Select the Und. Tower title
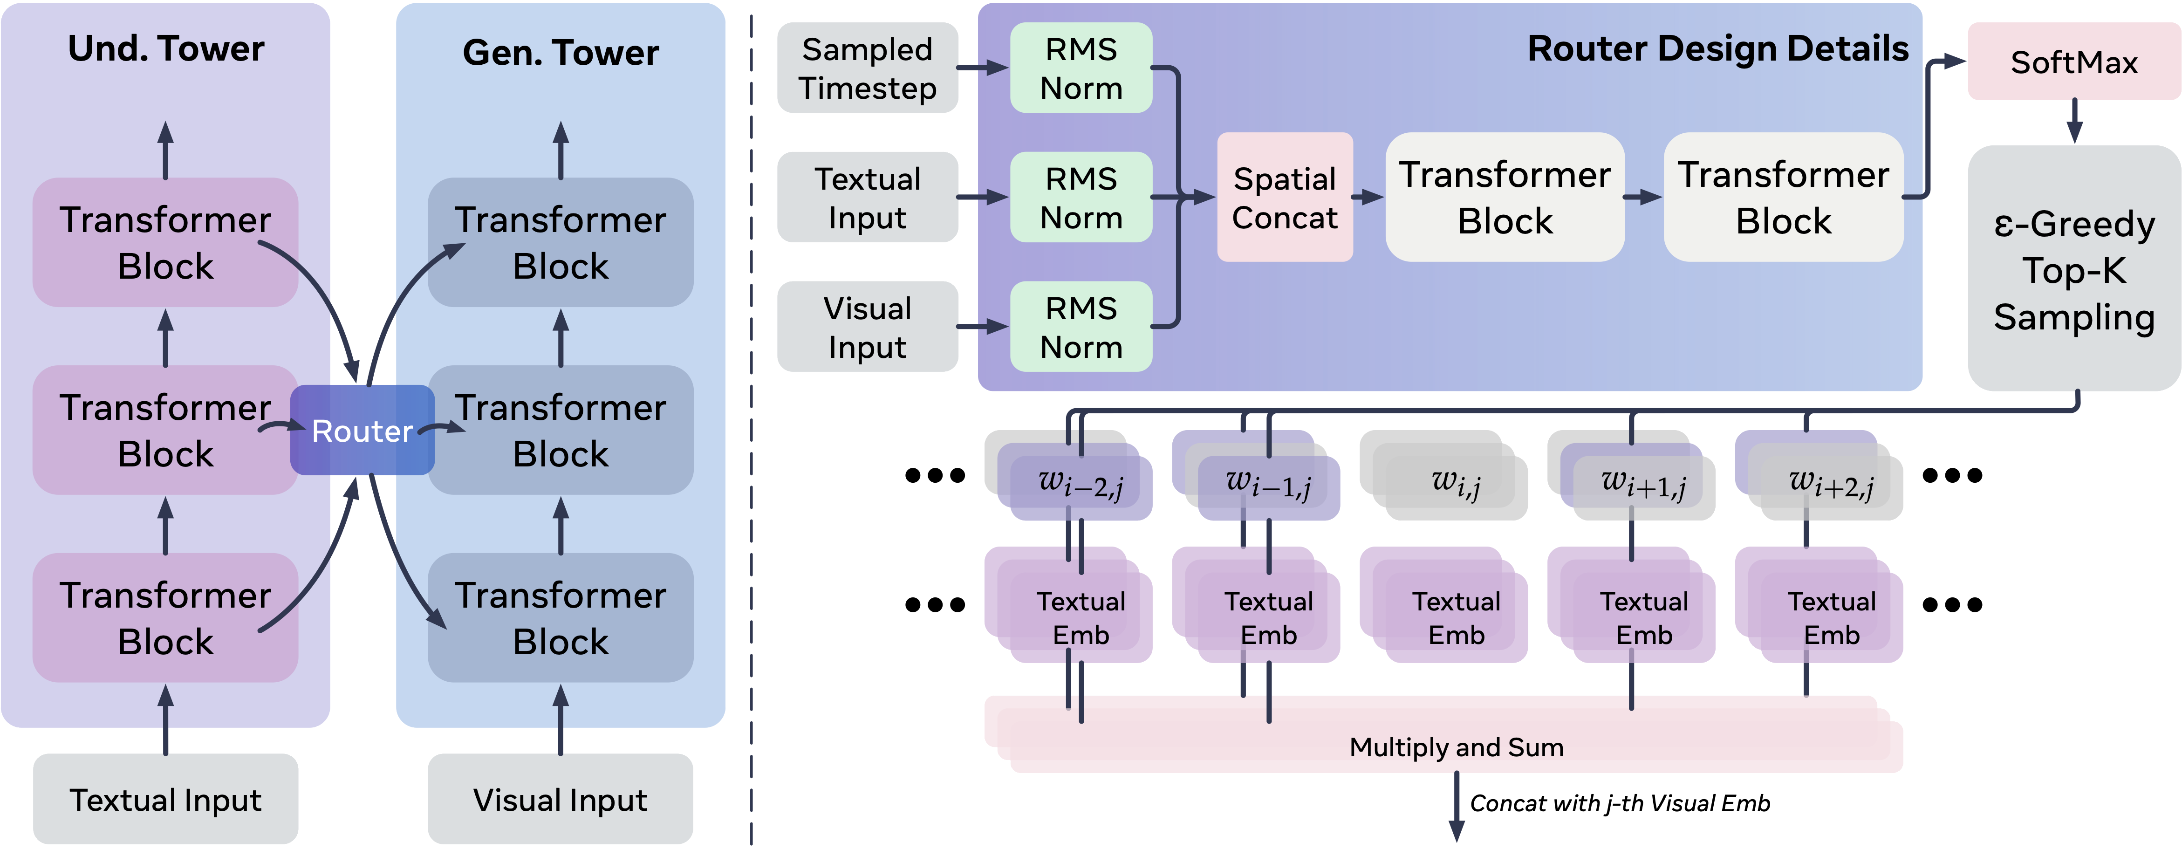166,49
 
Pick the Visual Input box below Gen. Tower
560,799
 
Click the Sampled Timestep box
868,68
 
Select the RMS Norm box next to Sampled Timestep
1081,68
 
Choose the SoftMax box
2073,62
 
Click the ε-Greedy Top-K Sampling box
2073,269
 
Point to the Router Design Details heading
1718,49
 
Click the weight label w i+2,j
1831,482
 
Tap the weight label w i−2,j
1081,482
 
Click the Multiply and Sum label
1456,746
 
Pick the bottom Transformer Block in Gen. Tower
560,618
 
